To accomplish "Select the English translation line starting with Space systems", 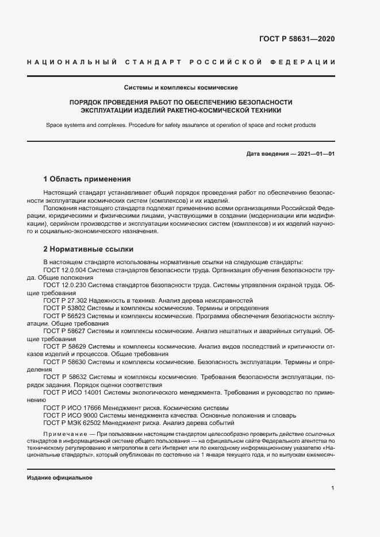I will [190, 125].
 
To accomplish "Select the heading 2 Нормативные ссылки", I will [89, 249].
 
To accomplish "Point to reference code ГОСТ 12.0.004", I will [66, 269].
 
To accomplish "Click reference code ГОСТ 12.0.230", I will [66, 284].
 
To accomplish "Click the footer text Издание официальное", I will [60, 477].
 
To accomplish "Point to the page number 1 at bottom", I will [333, 488].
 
